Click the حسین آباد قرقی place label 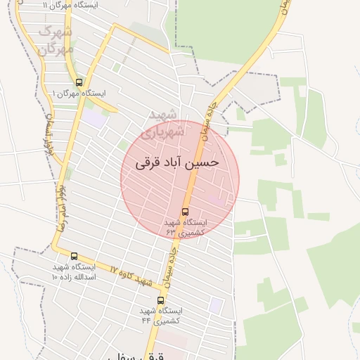click(182, 162)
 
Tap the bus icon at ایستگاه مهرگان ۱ click(79, 82)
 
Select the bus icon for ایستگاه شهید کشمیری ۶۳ click(186, 211)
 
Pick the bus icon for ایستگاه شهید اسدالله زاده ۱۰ click(75, 256)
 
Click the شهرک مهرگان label click(56, 40)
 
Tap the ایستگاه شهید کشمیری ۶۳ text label click(186, 226)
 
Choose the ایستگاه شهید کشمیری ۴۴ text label click(161, 315)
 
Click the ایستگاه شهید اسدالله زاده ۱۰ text click(75, 271)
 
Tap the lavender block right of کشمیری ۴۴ click(217, 304)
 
